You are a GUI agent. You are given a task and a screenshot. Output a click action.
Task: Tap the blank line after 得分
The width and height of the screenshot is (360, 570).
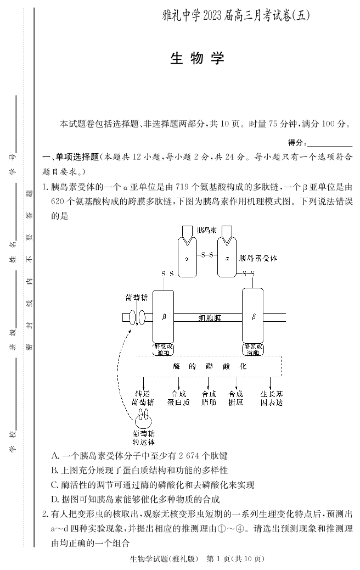[x=329, y=143]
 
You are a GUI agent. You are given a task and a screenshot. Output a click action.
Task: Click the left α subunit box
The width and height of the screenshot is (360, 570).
[x=187, y=257]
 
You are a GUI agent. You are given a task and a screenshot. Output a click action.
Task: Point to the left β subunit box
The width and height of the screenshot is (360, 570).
[x=163, y=317]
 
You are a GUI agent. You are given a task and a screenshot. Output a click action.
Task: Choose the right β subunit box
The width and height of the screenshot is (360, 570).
[x=253, y=317]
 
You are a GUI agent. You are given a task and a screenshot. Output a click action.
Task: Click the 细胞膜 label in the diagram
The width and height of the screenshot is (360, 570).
[x=209, y=317]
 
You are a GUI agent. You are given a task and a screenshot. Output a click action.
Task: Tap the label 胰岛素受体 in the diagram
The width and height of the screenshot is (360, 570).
[x=258, y=258]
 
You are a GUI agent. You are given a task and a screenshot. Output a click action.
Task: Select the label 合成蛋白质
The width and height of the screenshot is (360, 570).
[x=178, y=398]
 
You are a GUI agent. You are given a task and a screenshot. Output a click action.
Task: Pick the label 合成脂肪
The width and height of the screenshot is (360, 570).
[x=209, y=398]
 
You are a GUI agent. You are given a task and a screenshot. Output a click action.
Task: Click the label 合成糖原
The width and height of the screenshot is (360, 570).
[x=235, y=398]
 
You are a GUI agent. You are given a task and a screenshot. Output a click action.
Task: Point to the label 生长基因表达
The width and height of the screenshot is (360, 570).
[x=271, y=398]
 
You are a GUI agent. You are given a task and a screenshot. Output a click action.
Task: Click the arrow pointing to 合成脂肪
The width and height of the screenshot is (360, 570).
[x=209, y=383]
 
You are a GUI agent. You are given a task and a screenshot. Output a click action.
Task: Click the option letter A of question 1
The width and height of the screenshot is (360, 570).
[x=54, y=456]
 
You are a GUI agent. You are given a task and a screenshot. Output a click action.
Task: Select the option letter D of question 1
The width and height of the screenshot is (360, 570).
[x=54, y=499]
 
